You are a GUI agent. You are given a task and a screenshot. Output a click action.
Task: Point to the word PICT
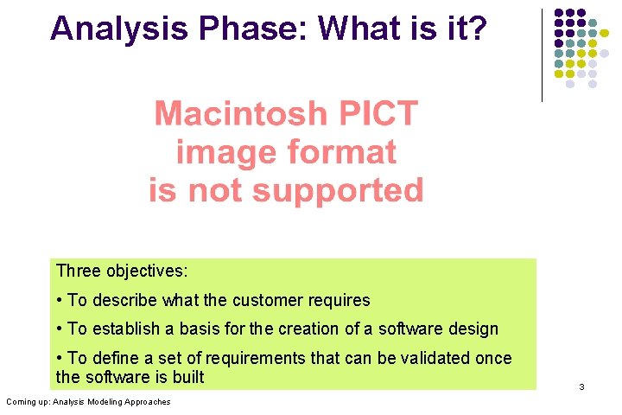378,113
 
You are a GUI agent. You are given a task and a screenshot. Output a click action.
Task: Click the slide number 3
581,386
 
